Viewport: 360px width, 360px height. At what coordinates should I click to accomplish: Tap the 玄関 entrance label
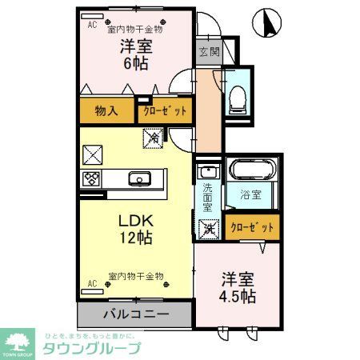[x=208, y=52]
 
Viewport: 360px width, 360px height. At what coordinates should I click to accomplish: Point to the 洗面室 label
[x=207, y=198]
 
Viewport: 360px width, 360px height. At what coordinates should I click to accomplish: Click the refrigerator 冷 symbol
[x=151, y=137]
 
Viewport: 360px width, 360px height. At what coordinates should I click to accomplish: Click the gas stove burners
[x=90, y=178]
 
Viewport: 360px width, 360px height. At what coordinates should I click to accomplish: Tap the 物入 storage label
[x=106, y=111]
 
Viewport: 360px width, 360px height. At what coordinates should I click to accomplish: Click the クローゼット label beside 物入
[x=164, y=111]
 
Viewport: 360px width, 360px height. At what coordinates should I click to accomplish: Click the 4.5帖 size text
[x=239, y=295]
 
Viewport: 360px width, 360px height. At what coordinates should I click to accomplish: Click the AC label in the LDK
[x=92, y=283]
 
